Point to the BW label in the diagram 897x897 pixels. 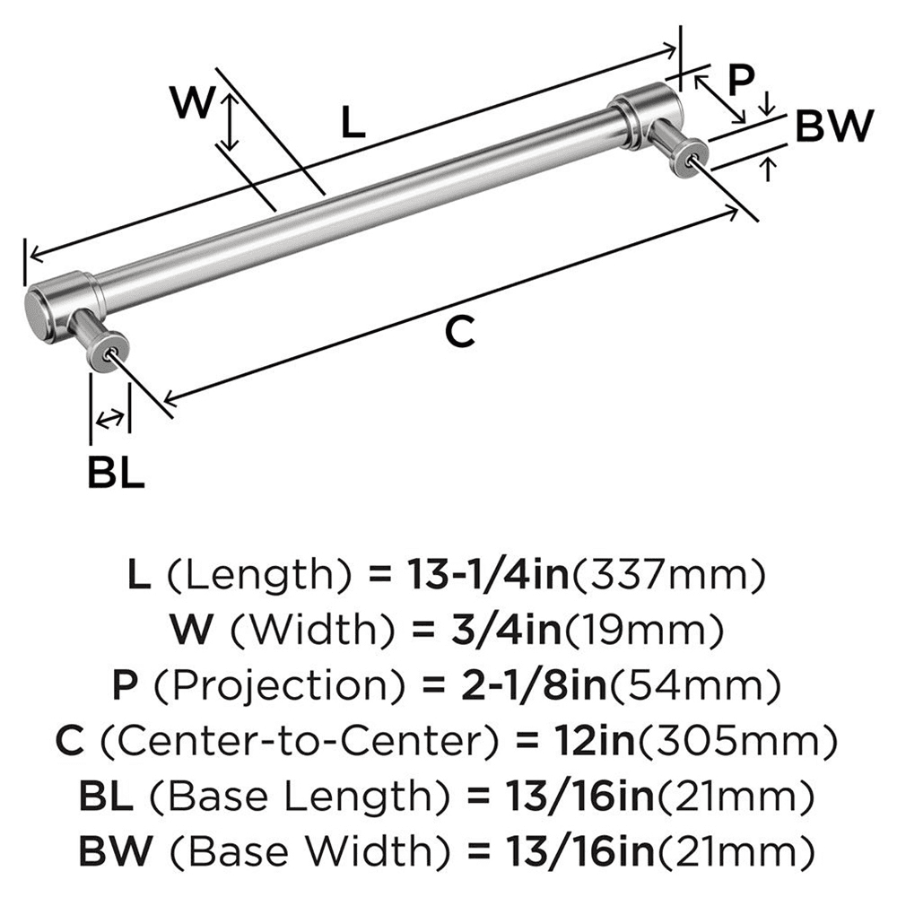[833, 128]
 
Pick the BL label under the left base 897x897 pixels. [116, 472]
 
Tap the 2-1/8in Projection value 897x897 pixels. [504, 686]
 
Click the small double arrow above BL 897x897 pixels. [110, 418]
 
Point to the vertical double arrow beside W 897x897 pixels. [231, 122]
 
